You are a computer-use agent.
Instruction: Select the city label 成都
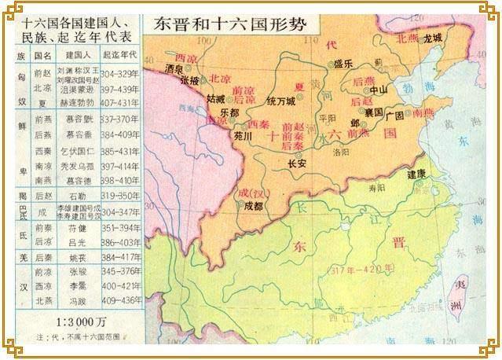(253, 207)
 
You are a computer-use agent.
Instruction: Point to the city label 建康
(416, 174)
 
